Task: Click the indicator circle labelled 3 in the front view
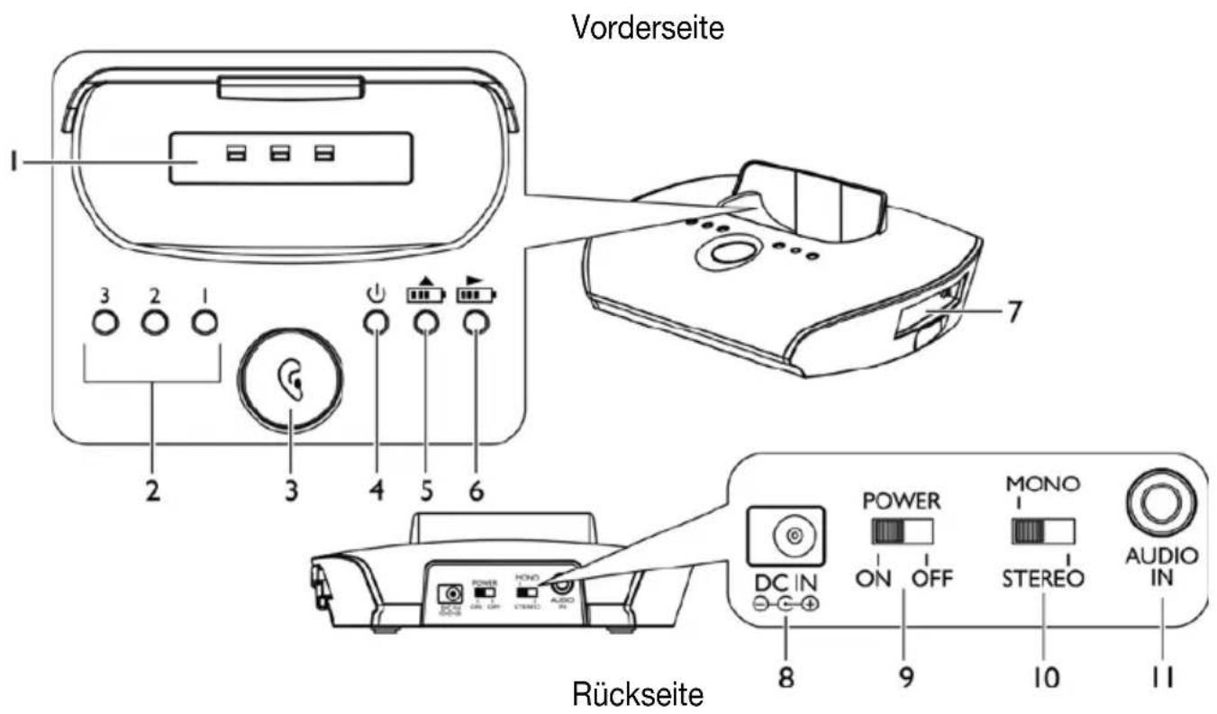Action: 105,323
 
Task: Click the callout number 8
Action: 787,676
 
